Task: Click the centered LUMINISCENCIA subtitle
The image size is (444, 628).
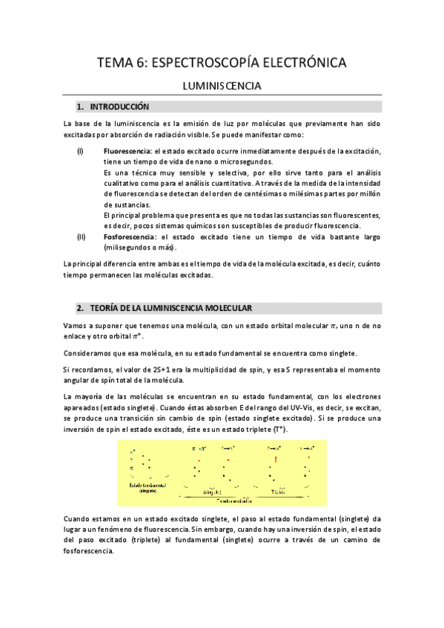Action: click(x=222, y=87)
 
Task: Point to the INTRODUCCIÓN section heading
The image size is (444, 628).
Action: click(x=120, y=107)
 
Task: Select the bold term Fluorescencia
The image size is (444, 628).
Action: click(x=127, y=151)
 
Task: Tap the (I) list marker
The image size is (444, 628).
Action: click(x=80, y=151)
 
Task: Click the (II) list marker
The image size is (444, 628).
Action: click(x=81, y=236)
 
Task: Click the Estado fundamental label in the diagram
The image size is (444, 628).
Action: click(x=148, y=486)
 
